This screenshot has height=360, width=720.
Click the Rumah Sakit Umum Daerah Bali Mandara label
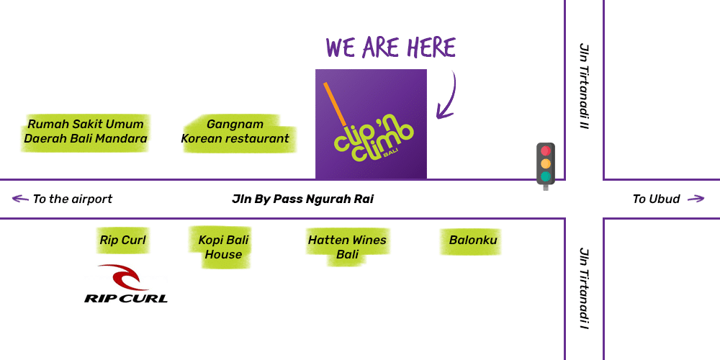click(86, 132)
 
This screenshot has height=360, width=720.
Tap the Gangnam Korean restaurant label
click(235, 132)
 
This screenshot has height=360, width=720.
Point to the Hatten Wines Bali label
click(347, 247)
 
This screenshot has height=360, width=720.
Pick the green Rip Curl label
click(123, 240)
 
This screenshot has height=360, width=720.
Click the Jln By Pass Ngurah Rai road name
click(302, 199)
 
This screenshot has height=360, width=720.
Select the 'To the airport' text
click(73, 199)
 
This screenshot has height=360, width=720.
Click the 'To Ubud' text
click(656, 199)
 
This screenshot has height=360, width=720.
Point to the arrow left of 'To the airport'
click(20, 199)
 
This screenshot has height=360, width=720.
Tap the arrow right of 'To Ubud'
click(696, 199)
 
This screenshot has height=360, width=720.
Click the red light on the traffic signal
click(546, 151)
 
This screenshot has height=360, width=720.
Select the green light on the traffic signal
click(546, 176)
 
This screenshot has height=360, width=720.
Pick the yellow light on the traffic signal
click(546, 163)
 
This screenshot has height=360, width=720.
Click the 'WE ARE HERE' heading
click(391, 48)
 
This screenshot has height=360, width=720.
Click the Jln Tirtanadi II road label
click(584, 86)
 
